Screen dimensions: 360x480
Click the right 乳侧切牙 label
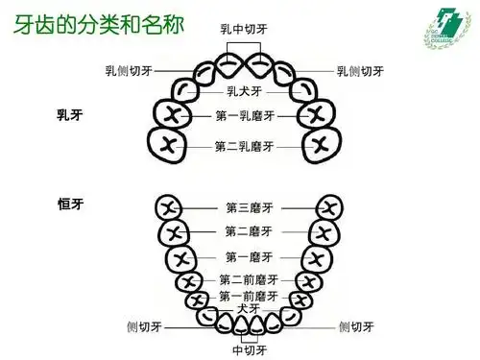361,70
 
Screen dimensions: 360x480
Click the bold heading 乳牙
70,115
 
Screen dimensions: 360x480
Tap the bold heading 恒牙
70,203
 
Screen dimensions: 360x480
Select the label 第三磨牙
249,207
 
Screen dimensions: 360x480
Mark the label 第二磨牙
249,231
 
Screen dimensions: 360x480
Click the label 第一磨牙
249,257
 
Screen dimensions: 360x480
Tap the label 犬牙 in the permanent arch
248,309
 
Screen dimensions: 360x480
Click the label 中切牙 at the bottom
248,349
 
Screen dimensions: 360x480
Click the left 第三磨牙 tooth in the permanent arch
169,207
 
